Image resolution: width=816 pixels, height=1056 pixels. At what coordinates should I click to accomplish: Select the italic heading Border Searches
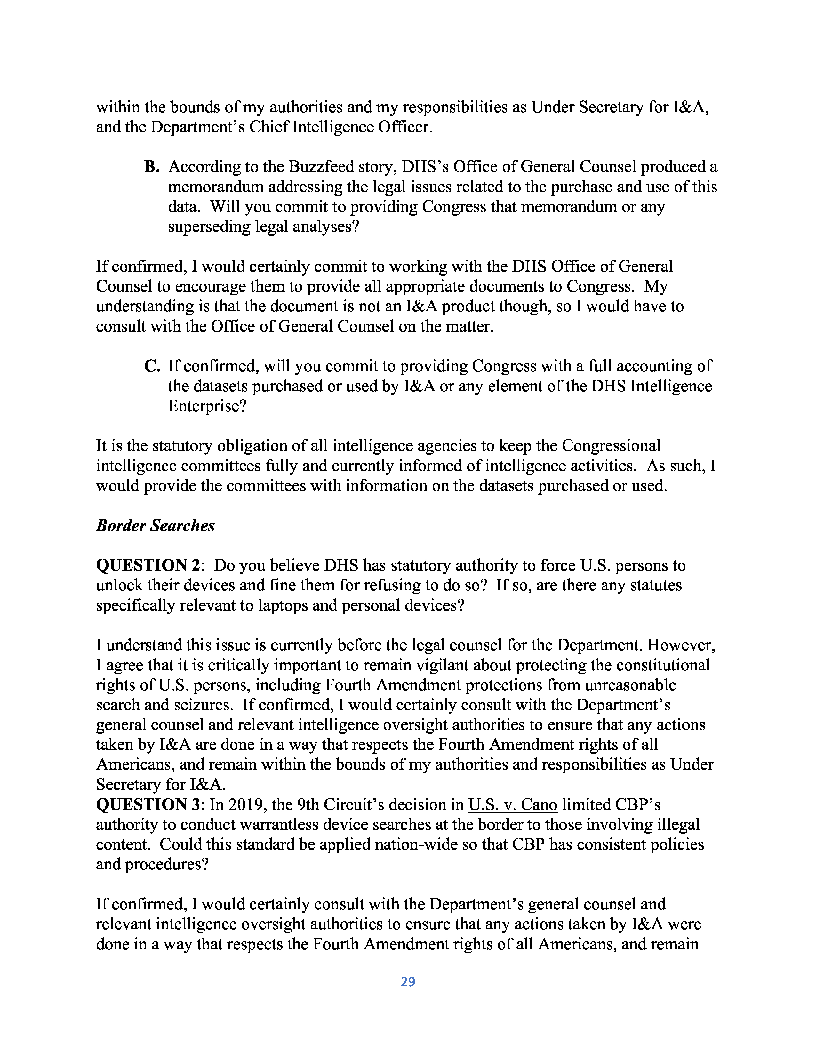pos(155,525)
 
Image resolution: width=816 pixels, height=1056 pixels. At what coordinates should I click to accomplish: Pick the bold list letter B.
pos(151,167)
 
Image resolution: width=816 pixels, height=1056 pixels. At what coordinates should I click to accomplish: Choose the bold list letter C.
pos(151,366)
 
